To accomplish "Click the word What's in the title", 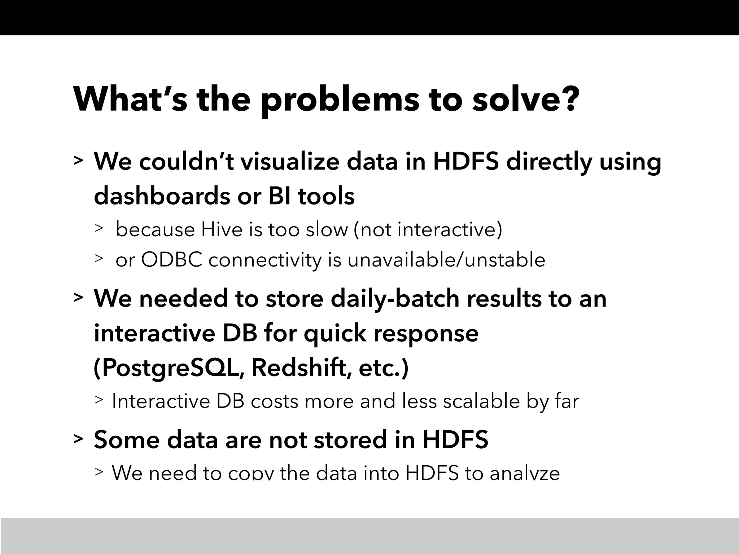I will (x=130, y=99).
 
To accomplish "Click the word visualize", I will (x=290, y=161).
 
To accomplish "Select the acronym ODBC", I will (x=171, y=260).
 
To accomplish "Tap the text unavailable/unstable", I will (x=446, y=260).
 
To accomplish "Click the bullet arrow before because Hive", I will (x=99, y=228).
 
